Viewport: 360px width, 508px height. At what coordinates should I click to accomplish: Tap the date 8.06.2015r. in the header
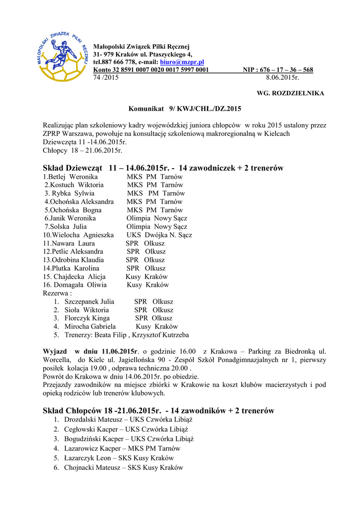coord(283,78)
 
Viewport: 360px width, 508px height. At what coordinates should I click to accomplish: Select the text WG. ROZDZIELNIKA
coord(290,93)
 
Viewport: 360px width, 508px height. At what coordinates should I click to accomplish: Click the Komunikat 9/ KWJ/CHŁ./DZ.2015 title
coord(185,108)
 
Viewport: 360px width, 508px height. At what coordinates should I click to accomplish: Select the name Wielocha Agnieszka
coord(82,235)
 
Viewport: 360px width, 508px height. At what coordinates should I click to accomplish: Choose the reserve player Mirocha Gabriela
coord(90,327)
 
